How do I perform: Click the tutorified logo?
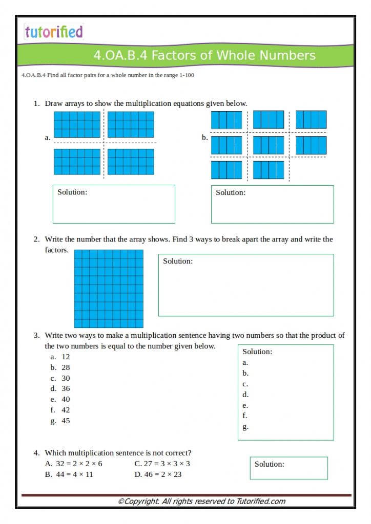(x=53, y=32)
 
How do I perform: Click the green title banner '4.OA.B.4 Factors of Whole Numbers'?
(x=204, y=55)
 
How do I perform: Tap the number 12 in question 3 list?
(x=66, y=357)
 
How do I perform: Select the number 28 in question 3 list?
(x=66, y=367)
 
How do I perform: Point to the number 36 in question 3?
(x=66, y=389)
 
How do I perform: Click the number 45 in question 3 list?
(x=66, y=421)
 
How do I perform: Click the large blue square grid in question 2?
(x=109, y=289)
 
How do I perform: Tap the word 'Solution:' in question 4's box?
(x=270, y=464)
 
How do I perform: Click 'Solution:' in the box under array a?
(x=72, y=192)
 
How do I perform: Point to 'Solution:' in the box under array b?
(x=231, y=192)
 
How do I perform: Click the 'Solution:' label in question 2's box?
(x=178, y=261)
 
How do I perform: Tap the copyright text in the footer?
(x=201, y=501)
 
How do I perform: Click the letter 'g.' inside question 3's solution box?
(x=245, y=427)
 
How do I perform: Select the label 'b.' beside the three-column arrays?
(x=204, y=137)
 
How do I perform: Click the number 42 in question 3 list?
(x=66, y=410)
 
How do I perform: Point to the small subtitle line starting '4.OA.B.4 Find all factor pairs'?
(x=108, y=75)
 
